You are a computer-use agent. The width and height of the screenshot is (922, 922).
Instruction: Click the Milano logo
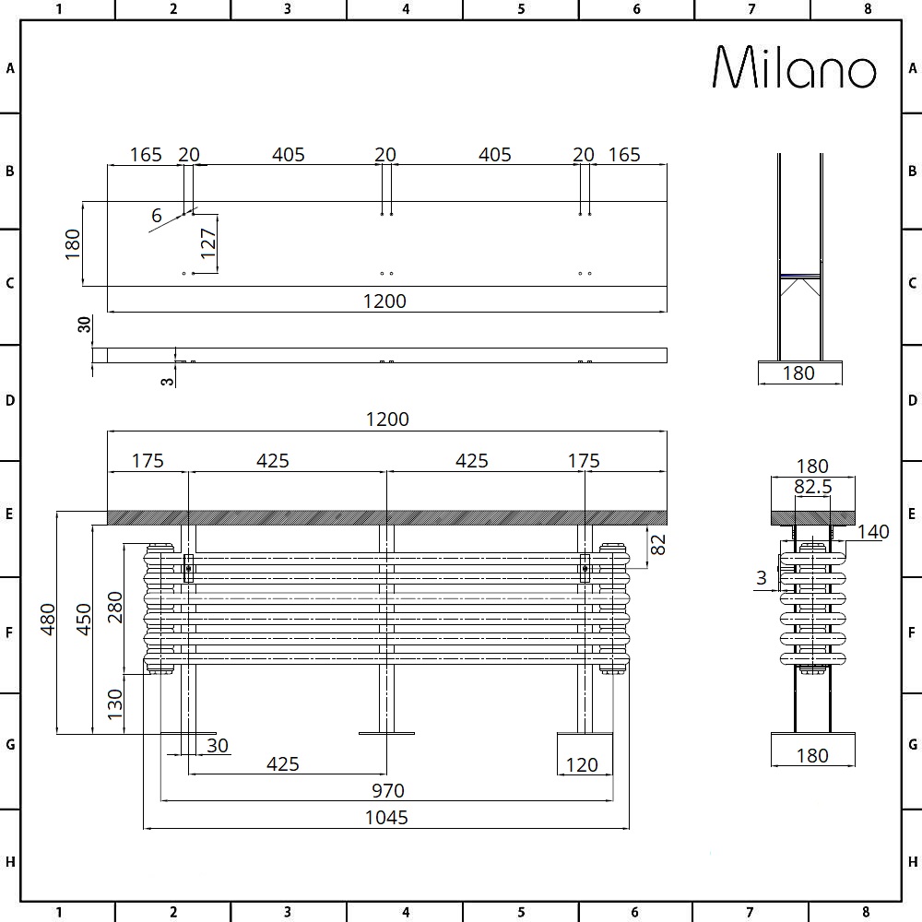tap(794, 67)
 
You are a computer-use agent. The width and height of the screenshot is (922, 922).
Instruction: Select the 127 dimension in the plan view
tap(209, 242)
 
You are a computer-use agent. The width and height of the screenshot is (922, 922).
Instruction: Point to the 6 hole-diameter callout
tap(157, 217)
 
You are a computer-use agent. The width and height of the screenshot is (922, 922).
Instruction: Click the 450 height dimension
tap(83, 620)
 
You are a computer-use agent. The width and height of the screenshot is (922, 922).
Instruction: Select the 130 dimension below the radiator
tap(116, 704)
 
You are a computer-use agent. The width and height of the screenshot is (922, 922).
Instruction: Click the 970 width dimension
tap(388, 790)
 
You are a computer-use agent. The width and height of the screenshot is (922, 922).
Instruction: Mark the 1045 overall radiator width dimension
tap(386, 818)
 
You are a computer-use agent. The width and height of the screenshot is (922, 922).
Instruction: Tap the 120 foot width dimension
tap(582, 764)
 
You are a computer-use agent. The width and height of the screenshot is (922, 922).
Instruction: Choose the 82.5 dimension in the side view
tap(812, 487)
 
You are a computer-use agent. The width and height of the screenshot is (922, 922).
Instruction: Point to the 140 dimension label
tap(873, 531)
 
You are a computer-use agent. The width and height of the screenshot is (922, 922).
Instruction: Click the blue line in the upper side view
tap(799, 276)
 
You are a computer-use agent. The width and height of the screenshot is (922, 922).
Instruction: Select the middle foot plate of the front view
tap(386, 734)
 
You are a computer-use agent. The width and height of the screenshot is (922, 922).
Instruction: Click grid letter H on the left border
tap(10, 862)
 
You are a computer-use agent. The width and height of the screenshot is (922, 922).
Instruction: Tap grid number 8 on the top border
tap(867, 9)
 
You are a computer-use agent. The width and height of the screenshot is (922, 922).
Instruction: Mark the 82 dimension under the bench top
tap(657, 544)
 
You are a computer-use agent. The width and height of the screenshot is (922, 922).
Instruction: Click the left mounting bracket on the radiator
tap(188, 569)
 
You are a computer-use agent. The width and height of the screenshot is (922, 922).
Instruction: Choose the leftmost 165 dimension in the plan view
tap(146, 155)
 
